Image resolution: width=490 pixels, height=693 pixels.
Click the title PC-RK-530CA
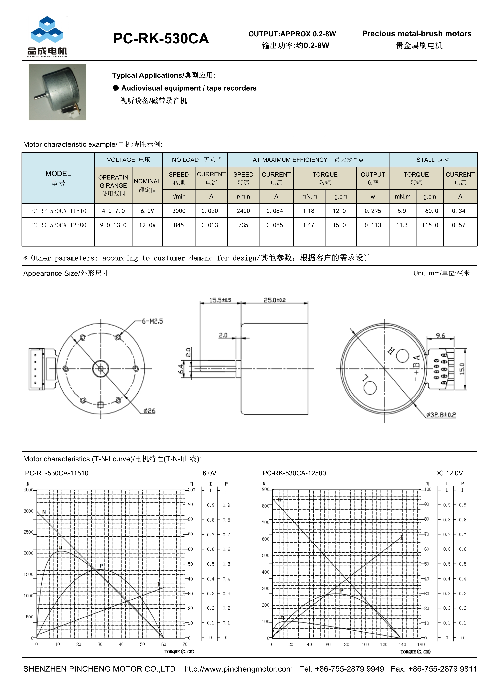point(161,39)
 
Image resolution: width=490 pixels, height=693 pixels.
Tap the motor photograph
point(57,92)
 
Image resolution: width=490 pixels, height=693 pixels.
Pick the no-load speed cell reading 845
point(179,225)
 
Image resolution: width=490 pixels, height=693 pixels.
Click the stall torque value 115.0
point(430,225)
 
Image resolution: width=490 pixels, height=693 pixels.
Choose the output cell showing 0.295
point(373,211)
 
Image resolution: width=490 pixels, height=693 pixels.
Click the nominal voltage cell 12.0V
point(147,225)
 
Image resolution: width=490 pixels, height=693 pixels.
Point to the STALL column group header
point(433,160)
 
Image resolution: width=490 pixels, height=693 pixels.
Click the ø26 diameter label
point(149,411)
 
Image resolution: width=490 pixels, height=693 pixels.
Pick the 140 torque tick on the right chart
point(402,644)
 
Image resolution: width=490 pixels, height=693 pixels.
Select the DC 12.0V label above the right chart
point(448,473)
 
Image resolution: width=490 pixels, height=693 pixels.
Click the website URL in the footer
point(238,669)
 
